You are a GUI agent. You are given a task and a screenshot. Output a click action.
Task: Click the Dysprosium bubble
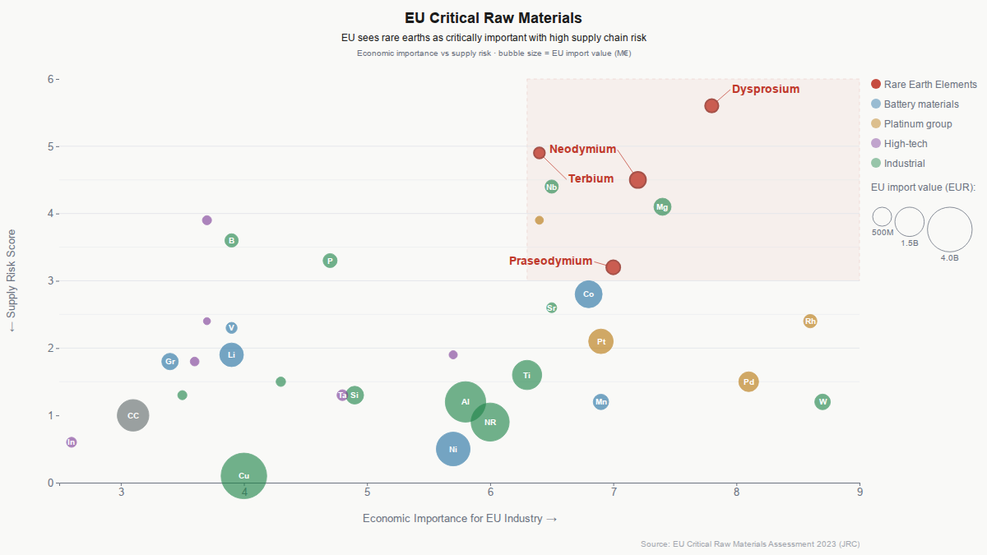[x=711, y=105]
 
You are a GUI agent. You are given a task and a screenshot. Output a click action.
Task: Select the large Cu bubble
[x=244, y=475]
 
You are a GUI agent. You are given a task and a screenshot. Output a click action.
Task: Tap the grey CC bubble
[x=133, y=415]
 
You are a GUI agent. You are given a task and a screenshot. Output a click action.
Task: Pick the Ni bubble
[x=453, y=449]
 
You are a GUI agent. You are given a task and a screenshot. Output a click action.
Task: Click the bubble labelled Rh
[x=810, y=321]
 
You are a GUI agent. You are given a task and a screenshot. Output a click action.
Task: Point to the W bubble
[x=822, y=402]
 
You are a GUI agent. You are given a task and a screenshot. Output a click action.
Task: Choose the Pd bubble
[x=748, y=382]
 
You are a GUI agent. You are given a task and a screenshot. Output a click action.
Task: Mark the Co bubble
[x=589, y=294]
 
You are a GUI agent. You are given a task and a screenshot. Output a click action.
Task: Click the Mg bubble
[x=662, y=207]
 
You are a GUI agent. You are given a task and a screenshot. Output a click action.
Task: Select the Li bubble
[x=232, y=354]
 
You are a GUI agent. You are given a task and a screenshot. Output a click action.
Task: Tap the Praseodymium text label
[x=550, y=261]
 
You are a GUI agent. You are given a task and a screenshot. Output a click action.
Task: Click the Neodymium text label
[x=582, y=149]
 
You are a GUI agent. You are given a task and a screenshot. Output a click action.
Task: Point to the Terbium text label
[x=591, y=178]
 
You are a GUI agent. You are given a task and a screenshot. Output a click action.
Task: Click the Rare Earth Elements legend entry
[x=930, y=84]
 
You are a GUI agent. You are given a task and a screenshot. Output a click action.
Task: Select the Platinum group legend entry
[x=918, y=123]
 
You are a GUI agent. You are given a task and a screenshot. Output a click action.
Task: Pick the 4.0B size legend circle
[x=949, y=229]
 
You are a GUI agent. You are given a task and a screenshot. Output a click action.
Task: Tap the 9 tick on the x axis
[x=860, y=493]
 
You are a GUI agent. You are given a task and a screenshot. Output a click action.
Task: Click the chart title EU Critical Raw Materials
[x=493, y=17]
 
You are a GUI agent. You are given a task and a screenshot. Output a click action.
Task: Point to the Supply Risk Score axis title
[x=12, y=280]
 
